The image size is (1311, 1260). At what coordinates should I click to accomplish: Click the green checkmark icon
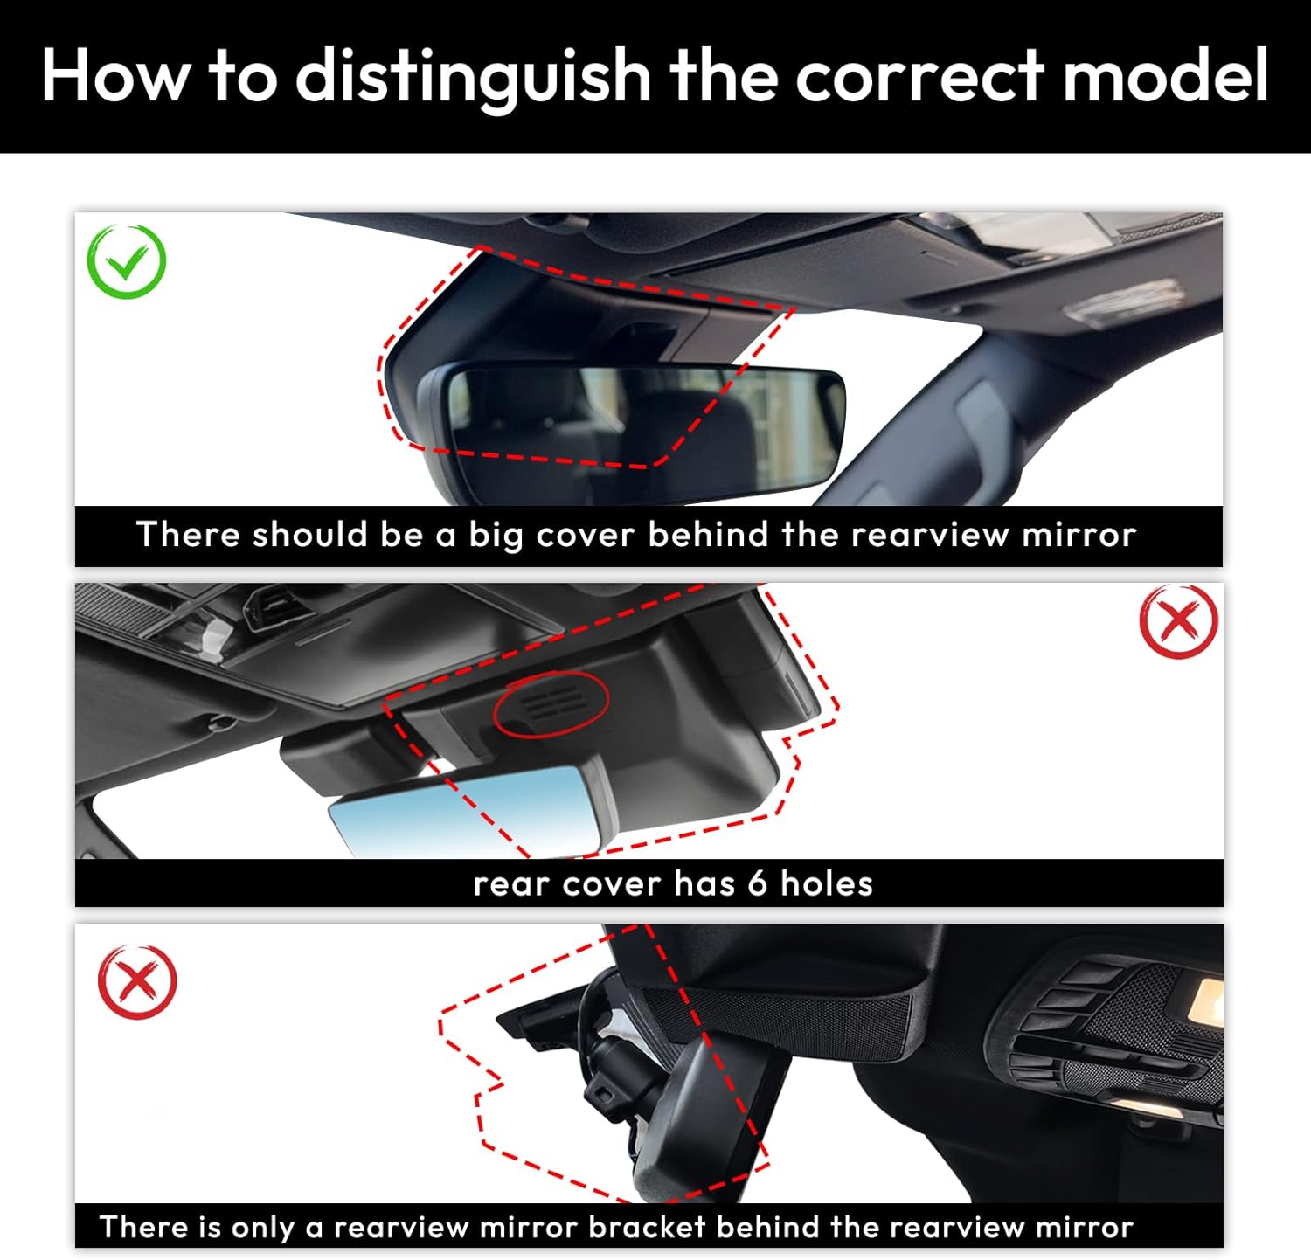click(127, 261)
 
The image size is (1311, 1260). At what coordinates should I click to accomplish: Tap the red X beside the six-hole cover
click(1178, 621)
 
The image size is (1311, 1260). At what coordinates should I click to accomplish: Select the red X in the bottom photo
click(137, 981)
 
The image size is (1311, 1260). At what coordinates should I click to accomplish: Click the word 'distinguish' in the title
click(473, 76)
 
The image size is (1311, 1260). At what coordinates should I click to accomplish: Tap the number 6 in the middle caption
click(757, 883)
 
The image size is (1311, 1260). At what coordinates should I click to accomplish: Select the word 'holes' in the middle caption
click(826, 883)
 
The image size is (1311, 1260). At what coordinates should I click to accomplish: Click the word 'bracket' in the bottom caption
click(647, 1227)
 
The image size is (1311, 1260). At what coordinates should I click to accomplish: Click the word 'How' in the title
click(114, 76)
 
